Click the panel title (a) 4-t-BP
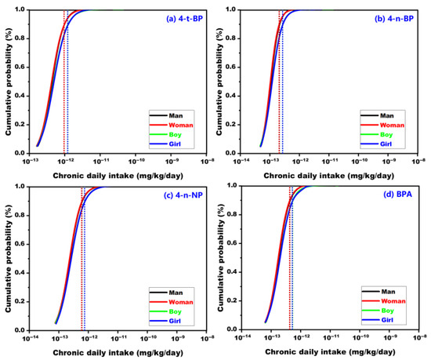184,19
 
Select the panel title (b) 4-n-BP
394,19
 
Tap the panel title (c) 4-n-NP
183,195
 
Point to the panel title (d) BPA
398,195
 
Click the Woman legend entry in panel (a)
172,125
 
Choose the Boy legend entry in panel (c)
165,311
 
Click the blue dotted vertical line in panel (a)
67,82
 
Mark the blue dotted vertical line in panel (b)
282,82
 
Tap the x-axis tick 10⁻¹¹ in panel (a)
100,161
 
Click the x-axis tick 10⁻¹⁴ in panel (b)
241,161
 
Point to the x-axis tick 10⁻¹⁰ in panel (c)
148,338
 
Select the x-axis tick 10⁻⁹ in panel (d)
390,337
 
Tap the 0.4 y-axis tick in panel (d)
232,272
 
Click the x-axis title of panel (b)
329,176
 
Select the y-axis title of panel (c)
9,258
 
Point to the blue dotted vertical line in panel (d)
292,258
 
